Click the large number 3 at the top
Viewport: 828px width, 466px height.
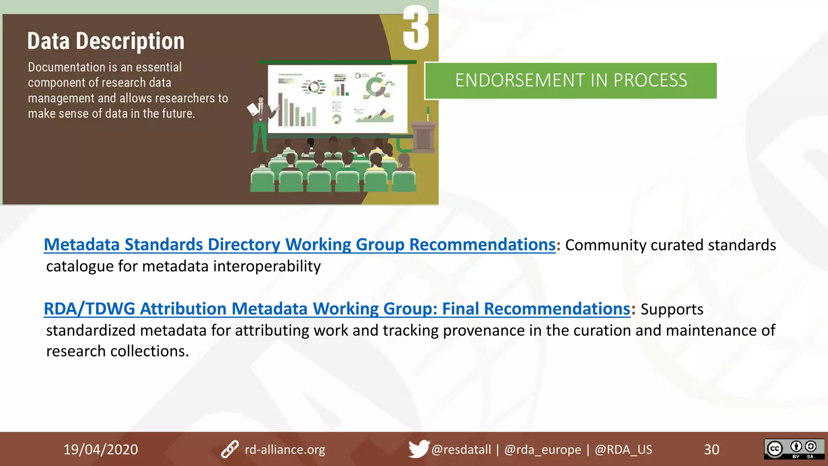point(416,28)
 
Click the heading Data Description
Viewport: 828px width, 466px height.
point(106,41)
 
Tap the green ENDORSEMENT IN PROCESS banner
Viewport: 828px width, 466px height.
point(571,80)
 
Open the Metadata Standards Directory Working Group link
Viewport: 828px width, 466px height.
point(300,245)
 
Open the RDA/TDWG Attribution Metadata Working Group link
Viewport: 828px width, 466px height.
point(337,309)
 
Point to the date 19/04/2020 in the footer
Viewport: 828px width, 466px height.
point(101,449)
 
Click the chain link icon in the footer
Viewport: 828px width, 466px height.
point(230,449)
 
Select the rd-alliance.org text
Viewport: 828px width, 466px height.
point(285,450)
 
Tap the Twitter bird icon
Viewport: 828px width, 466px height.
point(418,449)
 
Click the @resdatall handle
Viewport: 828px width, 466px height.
point(461,450)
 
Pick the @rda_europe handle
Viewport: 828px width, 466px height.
point(543,450)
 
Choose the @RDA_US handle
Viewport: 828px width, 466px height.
point(623,450)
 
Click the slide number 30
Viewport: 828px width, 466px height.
point(712,450)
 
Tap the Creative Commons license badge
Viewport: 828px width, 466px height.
point(794,449)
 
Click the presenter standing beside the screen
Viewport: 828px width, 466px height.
point(260,121)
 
